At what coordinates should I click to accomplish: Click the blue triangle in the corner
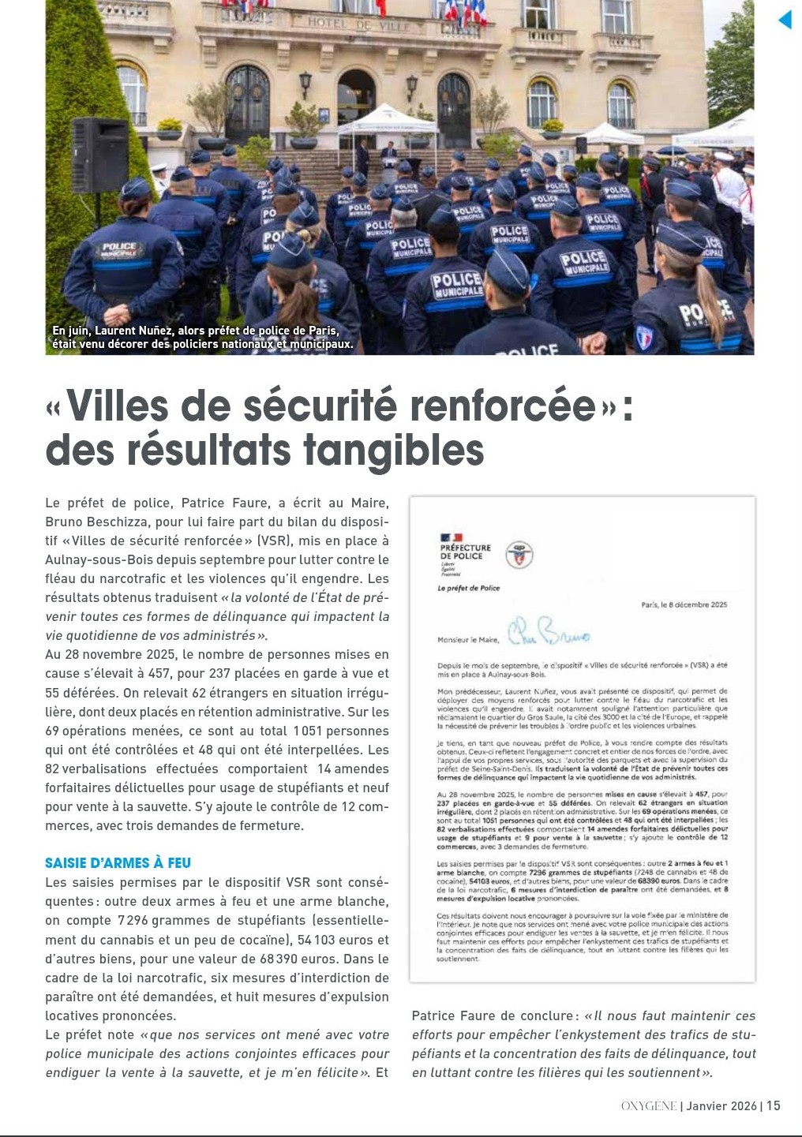(x=785, y=19)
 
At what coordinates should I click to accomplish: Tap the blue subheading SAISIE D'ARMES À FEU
(x=118, y=863)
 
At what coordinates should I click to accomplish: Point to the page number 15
(x=773, y=1105)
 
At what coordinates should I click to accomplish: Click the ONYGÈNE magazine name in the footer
(x=649, y=1106)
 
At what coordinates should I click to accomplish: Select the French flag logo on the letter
(x=452, y=537)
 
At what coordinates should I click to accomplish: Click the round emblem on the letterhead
(x=518, y=554)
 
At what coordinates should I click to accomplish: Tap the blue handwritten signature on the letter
(x=548, y=632)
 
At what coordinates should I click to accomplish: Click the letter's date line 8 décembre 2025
(x=684, y=605)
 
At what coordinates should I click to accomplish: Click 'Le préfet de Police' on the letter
(x=468, y=588)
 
